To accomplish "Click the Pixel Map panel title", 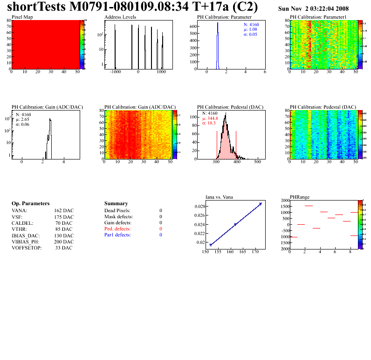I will tap(22, 17).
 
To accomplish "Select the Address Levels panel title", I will tap(120, 17).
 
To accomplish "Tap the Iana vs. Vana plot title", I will tap(220, 197).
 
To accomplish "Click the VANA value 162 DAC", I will tap(64, 211).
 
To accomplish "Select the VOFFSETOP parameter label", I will tap(27, 248).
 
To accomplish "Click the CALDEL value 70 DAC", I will tap(64, 223).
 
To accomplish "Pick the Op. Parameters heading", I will tap(30, 204).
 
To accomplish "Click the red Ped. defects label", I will tap(117, 229).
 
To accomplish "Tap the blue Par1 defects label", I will tap(117, 235).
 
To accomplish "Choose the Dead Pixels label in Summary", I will tap(117, 211).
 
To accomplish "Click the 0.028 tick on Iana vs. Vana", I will tap(200, 206).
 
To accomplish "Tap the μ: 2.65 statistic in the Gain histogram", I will tap(22, 119).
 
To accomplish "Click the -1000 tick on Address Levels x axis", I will tap(115, 73).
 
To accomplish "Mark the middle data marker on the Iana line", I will tap(235, 224).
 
